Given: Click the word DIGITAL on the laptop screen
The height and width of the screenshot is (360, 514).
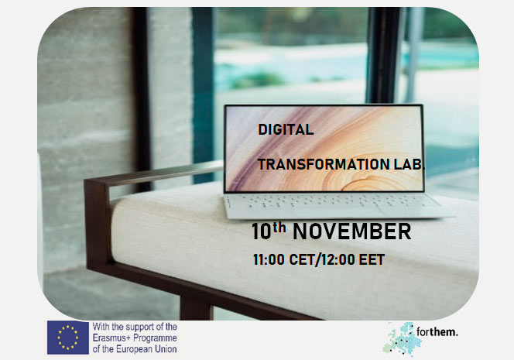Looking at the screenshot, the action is [286, 129].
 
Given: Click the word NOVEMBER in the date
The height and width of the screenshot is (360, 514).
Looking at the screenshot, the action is [351, 231].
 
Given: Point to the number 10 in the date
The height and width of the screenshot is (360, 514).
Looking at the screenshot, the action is [262, 231].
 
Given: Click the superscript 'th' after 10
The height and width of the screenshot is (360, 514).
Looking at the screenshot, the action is [279, 228].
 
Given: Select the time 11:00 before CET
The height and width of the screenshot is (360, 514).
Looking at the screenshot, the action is [269, 259].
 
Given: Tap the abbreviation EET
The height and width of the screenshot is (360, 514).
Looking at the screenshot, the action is [372, 259].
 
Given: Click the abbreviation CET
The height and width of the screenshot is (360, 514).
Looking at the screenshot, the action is [302, 259].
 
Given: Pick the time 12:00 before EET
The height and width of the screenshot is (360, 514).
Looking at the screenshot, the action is [338, 259].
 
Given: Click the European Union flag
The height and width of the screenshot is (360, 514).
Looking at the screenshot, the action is [68, 338].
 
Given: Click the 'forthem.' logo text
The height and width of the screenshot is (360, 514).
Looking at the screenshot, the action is [437, 332].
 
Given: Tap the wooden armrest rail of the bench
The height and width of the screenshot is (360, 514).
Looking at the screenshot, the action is [154, 173].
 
